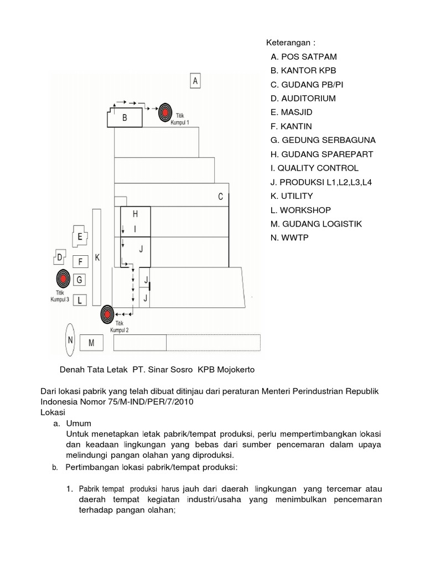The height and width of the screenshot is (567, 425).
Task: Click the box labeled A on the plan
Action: (195, 81)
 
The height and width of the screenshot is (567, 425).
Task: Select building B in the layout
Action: (125, 117)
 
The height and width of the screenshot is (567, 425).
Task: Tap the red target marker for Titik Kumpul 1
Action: (165, 112)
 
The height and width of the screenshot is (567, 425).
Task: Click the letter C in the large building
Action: (220, 197)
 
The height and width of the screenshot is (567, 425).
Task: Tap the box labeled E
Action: (80, 237)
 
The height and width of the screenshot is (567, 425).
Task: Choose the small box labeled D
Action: (59, 258)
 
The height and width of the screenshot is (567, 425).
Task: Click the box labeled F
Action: (80, 261)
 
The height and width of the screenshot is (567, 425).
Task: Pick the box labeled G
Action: (80, 280)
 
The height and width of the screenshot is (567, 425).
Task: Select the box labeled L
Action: (80, 300)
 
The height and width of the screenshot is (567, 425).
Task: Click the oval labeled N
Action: (70, 340)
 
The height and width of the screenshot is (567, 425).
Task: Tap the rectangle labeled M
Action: (92, 343)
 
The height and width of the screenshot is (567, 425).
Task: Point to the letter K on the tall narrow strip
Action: (97, 258)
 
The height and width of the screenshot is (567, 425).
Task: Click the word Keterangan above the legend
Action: (289, 43)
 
